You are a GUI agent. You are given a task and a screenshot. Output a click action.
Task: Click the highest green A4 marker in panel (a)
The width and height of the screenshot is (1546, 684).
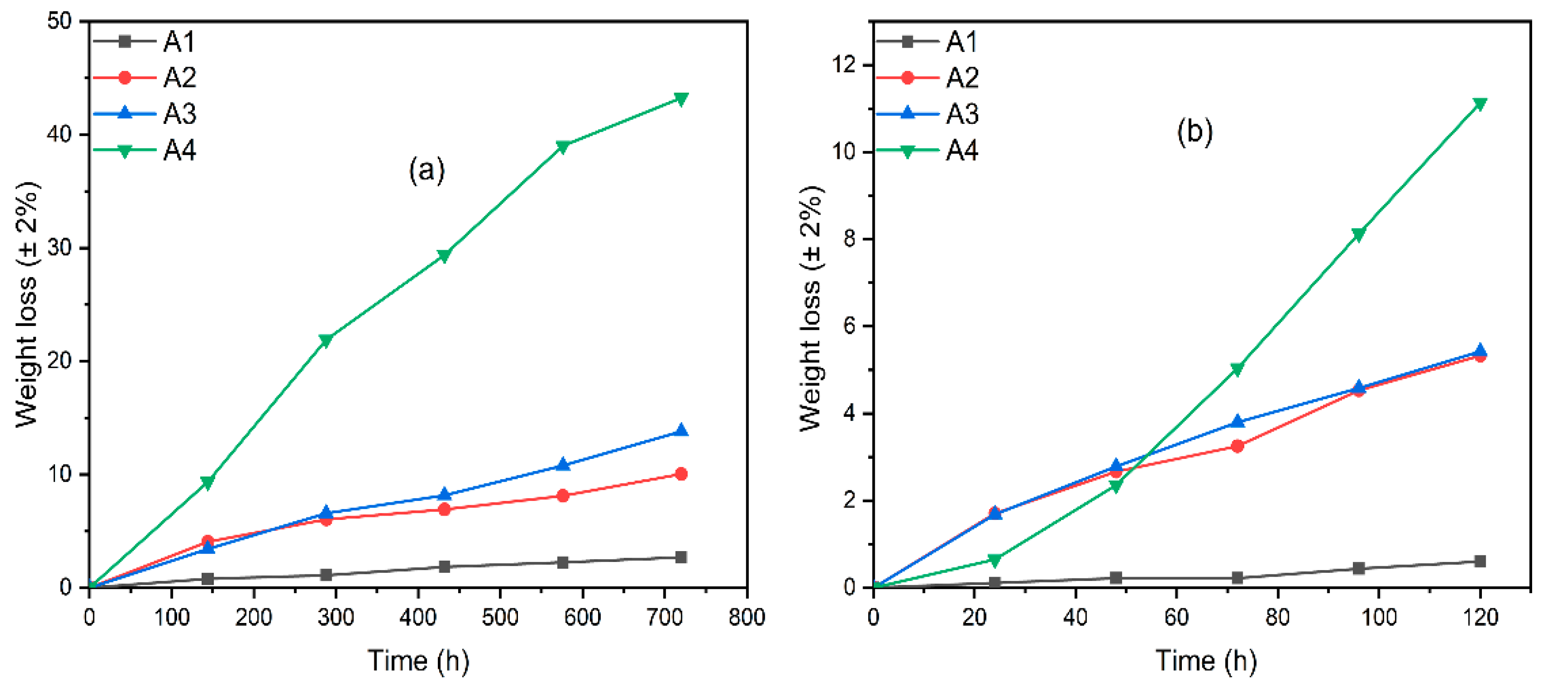click(x=681, y=98)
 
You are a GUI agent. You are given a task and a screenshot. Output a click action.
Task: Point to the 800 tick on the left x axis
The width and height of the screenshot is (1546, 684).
click(x=746, y=617)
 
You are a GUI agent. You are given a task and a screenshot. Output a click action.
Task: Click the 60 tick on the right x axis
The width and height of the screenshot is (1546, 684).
click(x=1176, y=617)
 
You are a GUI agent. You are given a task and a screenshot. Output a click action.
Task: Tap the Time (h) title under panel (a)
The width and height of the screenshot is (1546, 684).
click(x=418, y=661)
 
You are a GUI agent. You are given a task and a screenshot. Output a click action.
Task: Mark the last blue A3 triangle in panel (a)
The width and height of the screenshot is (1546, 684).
click(x=681, y=430)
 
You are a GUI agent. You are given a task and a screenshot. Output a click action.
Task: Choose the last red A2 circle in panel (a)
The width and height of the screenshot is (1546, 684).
click(x=681, y=474)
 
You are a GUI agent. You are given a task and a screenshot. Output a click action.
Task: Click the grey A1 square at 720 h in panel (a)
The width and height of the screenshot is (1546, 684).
click(x=681, y=557)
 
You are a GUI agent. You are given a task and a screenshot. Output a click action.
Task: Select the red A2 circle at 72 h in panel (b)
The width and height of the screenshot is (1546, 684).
click(x=1237, y=446)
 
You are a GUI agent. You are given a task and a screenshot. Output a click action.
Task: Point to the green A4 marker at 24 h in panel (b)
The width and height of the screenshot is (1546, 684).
click(x=994, y=560)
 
